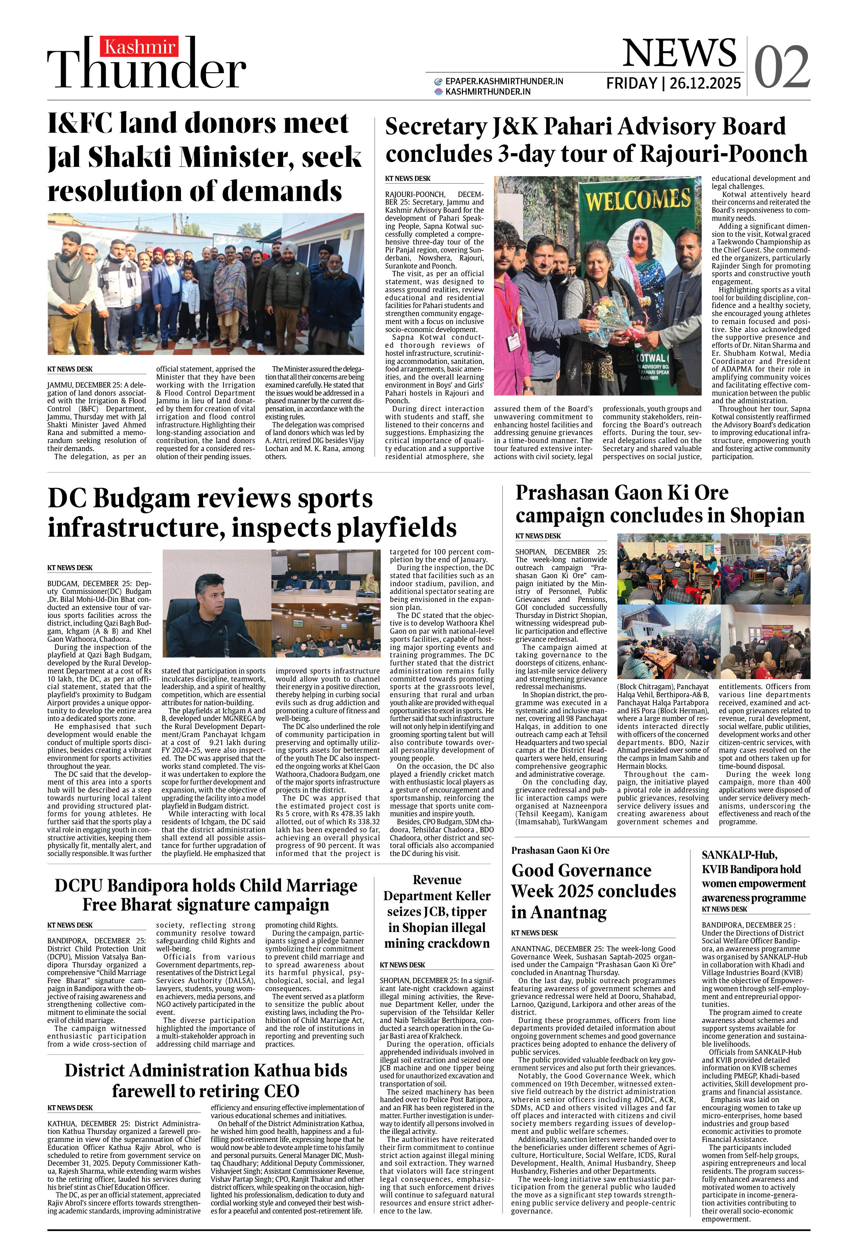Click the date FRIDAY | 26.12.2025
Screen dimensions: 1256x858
pos(673,83)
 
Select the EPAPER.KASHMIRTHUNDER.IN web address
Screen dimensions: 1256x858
pos(504,81)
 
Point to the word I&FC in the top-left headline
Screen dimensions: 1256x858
pos(80,123)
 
